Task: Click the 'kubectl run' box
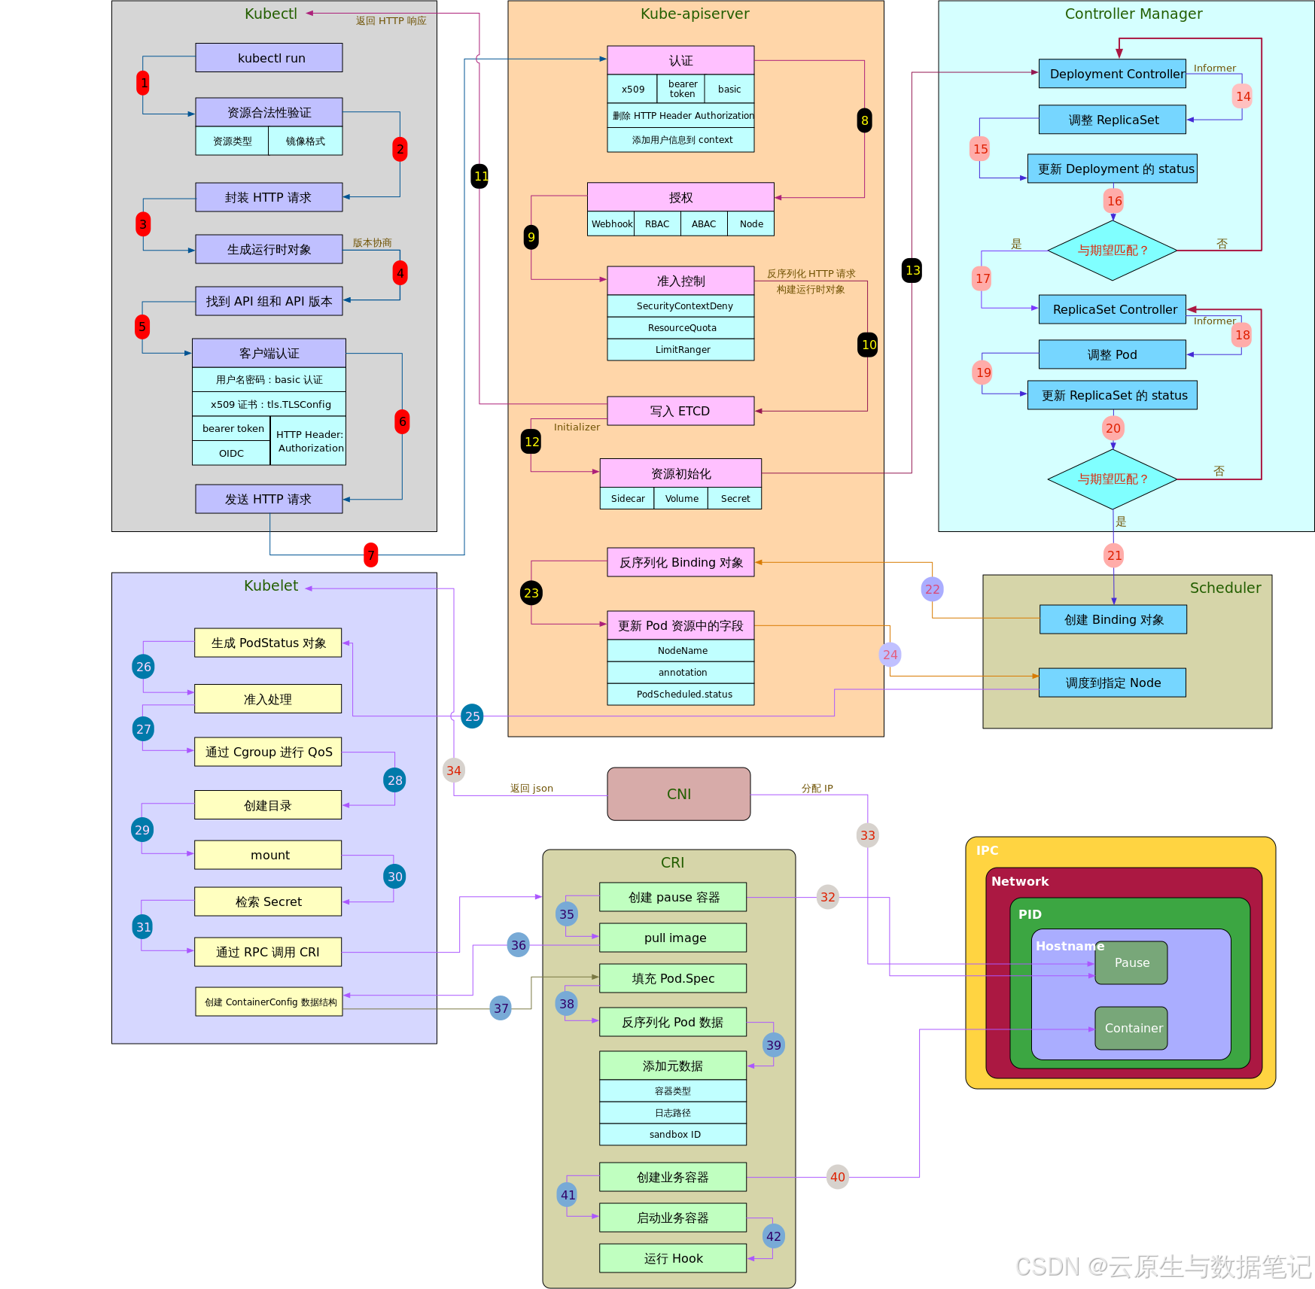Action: click(269, 58)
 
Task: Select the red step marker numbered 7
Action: click(370, 555)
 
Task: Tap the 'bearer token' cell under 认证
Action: click(682, 89)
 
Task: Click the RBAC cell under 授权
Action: click(657, 223)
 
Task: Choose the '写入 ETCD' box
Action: click(680, 411)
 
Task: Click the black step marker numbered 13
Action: click(912, 270)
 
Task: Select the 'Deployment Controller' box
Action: click(1113, 74)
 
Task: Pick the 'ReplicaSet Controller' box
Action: click(1113, 309)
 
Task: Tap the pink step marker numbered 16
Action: click(1114, 201)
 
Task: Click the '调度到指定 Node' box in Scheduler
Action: click(1113, 683)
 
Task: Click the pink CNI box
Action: click(678, 794)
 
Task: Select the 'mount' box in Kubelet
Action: click(268, 855)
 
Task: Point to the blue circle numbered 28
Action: click(394, 780)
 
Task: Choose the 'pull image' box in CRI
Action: click(673, 938)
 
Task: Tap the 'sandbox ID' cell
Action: click(673, 1135)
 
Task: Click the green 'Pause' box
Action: click(1131, 962)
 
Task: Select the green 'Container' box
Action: click(1131, 1028)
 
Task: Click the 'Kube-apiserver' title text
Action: click(695, 14)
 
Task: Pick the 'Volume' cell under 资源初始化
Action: click(681, 498)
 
